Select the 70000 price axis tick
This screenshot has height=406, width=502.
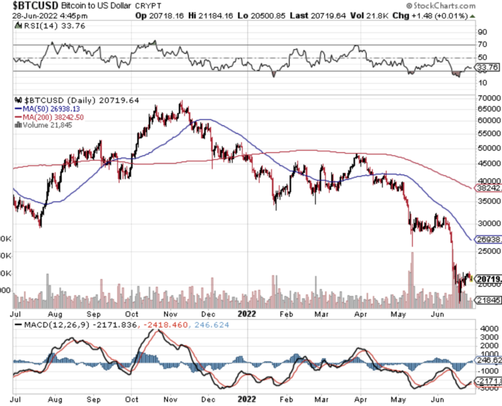tap(487, 97)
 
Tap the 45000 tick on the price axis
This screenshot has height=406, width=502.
tap(487, 163)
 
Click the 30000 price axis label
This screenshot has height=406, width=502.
tap(487, 224)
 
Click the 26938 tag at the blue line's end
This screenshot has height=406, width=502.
tap(488, 239)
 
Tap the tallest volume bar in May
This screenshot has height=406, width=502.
tap(411, 279)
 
